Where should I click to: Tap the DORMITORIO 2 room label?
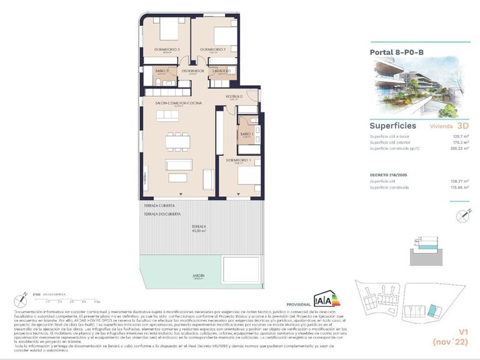click(212, 49)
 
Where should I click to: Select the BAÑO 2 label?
click(162, 71)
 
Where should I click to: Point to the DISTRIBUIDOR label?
click(193, 71)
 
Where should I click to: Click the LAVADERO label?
click(222, 71)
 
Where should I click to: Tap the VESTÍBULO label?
click(234, 96)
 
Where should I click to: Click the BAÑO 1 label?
click(246, 134)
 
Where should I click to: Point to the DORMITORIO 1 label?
click(237, 159)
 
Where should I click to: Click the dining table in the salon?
click(177, 141)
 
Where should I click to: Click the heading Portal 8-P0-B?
click(397, 52)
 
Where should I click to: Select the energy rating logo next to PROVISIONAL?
click(326, 299)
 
